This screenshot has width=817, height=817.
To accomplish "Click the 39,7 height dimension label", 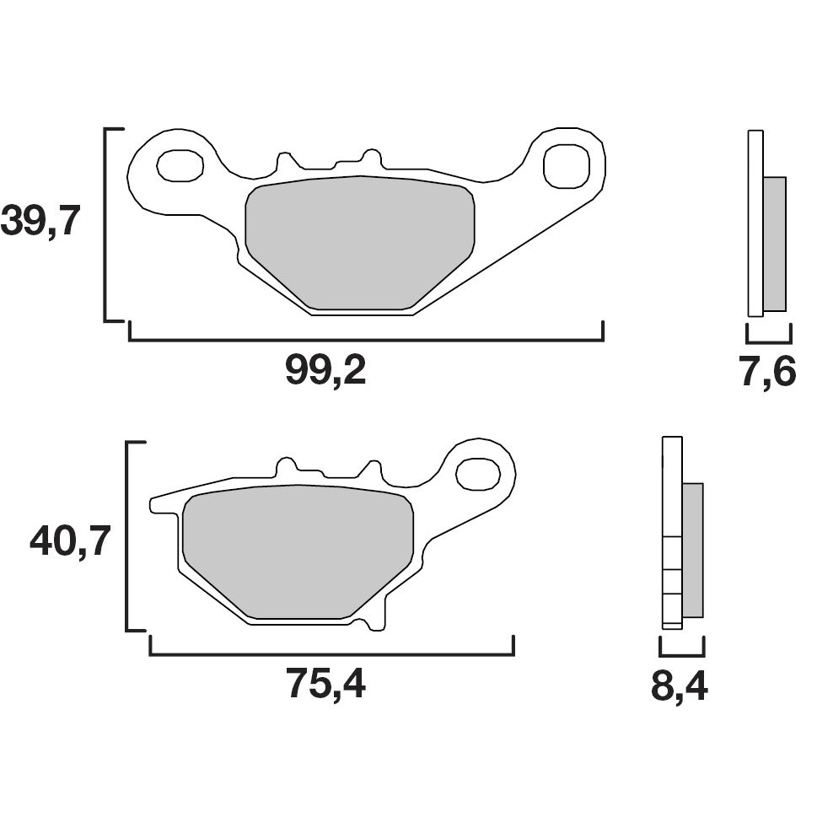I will point(40,223).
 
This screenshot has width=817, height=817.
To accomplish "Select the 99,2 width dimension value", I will point(325,370).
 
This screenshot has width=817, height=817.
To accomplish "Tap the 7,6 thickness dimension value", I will point(768,371).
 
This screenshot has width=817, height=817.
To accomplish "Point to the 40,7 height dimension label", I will point(71,540).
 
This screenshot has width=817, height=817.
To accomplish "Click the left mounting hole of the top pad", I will point(180,165).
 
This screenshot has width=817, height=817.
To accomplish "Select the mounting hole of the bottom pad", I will point(477,473).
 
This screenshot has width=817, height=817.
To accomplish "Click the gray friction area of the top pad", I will point(360,241).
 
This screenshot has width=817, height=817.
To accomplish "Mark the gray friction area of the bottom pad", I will point(298,551).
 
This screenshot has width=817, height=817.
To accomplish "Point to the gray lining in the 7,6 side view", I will point(774,244).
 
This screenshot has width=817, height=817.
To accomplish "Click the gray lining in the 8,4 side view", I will point(691,550).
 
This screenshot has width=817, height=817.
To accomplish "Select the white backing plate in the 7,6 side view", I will point(755,223).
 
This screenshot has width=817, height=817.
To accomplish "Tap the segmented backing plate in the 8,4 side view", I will point(672,533).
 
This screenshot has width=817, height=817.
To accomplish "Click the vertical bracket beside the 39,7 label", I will point(105,224).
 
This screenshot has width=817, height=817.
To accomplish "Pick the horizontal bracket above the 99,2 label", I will point(366,339).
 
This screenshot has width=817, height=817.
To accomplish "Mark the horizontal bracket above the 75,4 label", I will point(331,653).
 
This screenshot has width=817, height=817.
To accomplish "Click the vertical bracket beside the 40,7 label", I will point(127,536).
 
